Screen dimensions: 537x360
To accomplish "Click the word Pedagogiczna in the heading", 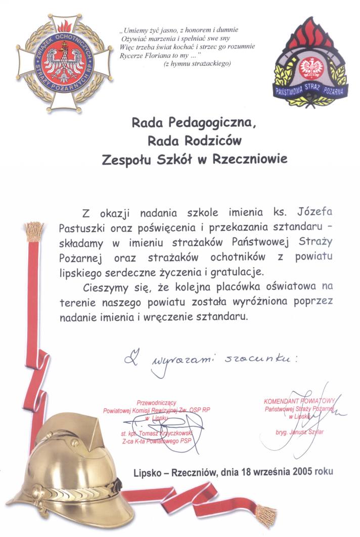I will click(x=201, y=123).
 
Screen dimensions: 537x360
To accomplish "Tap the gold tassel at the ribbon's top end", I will click(x=34, y=231).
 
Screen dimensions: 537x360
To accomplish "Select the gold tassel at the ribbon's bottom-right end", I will click(x=265, y=515).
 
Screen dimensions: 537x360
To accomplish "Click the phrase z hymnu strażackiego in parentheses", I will click(x=198, y=64).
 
